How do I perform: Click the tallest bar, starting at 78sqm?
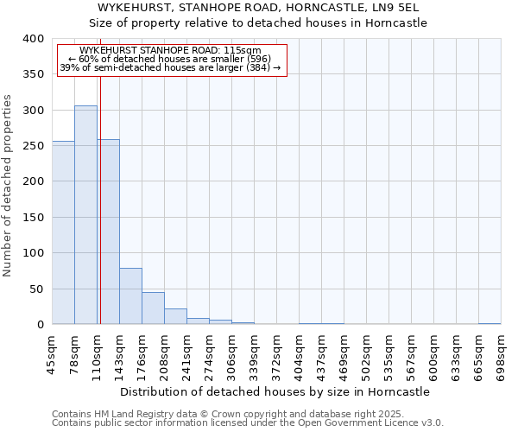85,215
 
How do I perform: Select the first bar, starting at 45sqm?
63,233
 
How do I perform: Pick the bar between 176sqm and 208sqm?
153,308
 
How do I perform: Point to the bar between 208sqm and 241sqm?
175,316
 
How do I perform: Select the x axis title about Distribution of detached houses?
275,391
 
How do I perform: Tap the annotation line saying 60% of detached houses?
170,60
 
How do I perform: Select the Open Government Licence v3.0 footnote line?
247,423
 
